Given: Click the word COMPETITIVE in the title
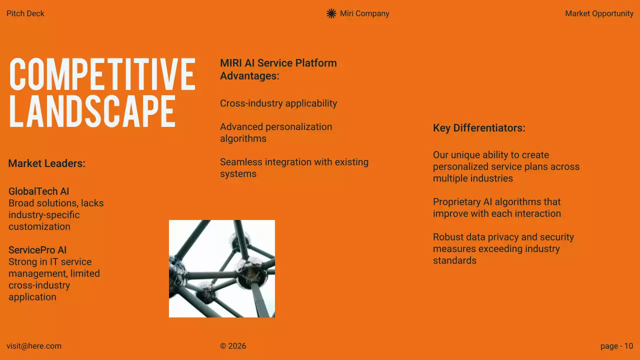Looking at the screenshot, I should [x=102, y=74].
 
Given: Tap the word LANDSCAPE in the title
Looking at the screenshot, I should [x=92, y=110].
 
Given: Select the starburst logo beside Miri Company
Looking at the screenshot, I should [x=331, y=13].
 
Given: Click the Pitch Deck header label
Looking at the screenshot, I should [x=25, y=13].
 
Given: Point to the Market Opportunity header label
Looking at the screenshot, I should [x=599, y=13].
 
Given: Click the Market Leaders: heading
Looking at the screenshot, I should [x=47, y=163].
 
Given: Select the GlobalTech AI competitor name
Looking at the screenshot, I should [x=39, y=191].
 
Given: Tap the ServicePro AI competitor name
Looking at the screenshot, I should [x=37, y=250].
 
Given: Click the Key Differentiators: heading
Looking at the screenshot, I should [x=479, y=128].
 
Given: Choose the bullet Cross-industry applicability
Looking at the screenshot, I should [x=278, y=103].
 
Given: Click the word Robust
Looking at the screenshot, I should [x=447, y=237].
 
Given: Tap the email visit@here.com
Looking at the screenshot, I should [x=34, y=346].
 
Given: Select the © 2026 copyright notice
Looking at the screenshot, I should [x=233, y=346].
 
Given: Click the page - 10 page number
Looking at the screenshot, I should [x=616, y=346].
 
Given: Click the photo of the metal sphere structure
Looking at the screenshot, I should [x=222, y=268].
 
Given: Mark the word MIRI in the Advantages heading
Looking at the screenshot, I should [x=231, y=63].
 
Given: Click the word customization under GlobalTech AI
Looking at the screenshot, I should [x=39, y=226].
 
